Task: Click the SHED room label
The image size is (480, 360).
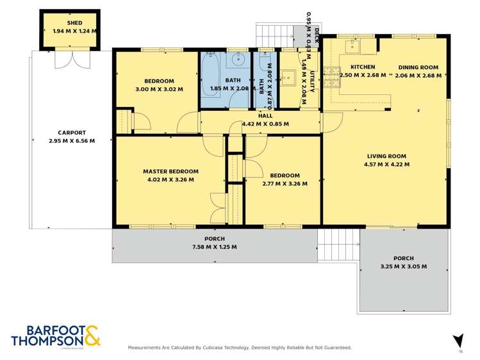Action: [x=74, y=23]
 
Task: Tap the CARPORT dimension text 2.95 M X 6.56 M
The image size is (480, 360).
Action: [x=72, y=141]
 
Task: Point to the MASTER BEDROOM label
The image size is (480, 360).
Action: [x=170, y=171]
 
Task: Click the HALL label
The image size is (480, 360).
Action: [x=265, y=116]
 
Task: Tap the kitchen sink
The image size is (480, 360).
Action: [x=352, y=47]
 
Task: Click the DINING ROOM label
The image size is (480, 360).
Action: [x=418, y=67]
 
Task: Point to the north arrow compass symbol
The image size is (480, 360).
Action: [x=458, y=341]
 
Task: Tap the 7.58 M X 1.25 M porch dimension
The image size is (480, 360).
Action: [x=214, y=247]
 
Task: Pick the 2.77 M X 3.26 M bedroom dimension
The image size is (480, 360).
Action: [x=285, y=183]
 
